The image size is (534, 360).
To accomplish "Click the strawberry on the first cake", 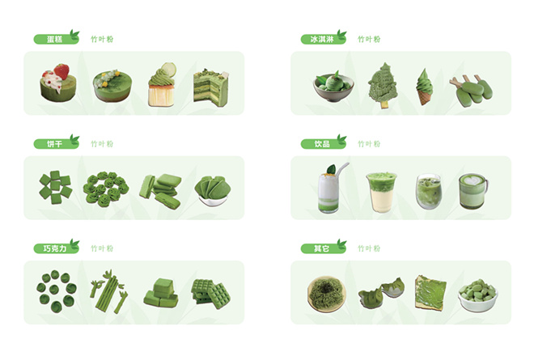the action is point(61,71).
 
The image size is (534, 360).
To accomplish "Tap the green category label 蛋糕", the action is point(56,39).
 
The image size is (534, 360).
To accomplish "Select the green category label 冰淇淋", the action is point(323,39).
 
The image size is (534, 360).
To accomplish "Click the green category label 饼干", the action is point(56,143).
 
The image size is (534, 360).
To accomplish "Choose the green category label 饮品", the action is point(323,143).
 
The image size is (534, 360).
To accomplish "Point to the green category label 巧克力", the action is point(56,248).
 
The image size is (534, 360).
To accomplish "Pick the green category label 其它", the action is point(323,248).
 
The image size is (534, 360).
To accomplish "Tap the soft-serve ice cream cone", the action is point(424,87).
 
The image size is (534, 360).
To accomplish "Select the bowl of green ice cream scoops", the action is point(333,87).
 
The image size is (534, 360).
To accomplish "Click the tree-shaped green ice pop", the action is point(383,85).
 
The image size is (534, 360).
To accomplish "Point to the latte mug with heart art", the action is point(473,191).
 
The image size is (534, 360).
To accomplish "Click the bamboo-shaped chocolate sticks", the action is point(108,291).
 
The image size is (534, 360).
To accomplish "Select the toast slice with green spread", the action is point(430,293).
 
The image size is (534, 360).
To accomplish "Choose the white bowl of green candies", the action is point(477,295).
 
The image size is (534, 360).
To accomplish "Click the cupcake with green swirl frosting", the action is point(162,85).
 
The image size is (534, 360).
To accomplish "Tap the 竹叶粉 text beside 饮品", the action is point(369,144).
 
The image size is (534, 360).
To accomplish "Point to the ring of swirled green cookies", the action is point(106,189).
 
